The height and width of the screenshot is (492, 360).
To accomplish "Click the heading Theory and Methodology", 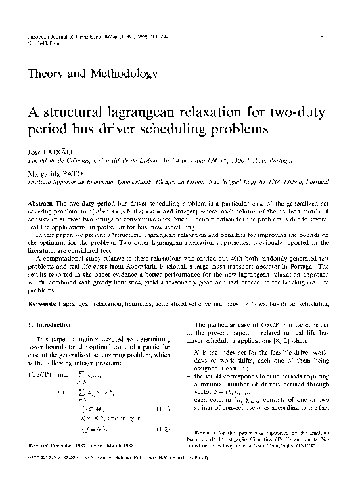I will (92, 74).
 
